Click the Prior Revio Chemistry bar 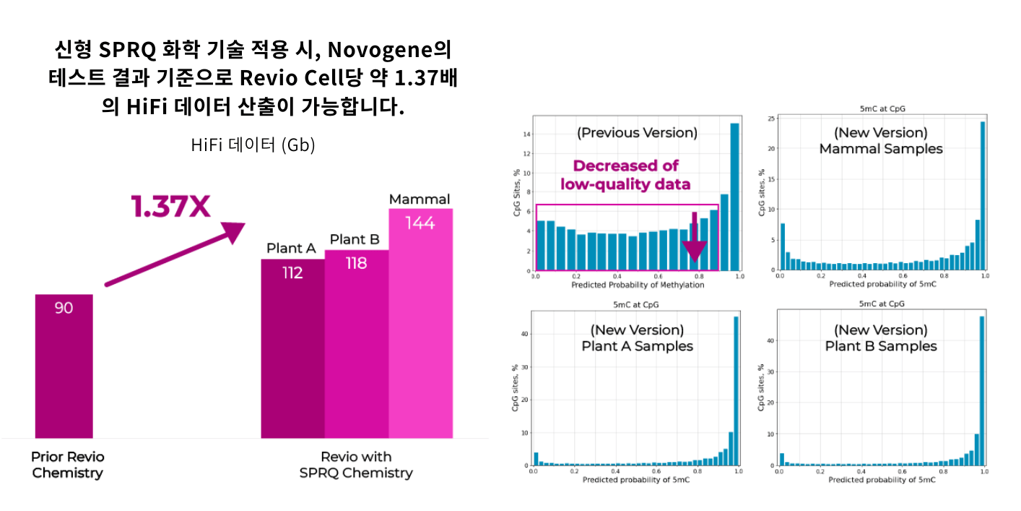64,369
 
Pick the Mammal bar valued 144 420,325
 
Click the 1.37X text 170,207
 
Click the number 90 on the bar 64,308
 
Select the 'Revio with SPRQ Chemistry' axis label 356,465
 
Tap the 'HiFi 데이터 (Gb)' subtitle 253,145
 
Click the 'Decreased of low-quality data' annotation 625,174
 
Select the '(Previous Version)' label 637,132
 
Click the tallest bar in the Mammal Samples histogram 983,195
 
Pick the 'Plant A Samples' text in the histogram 637,345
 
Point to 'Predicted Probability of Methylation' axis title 637,285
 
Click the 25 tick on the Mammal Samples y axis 771,119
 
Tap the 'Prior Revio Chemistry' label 68,465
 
